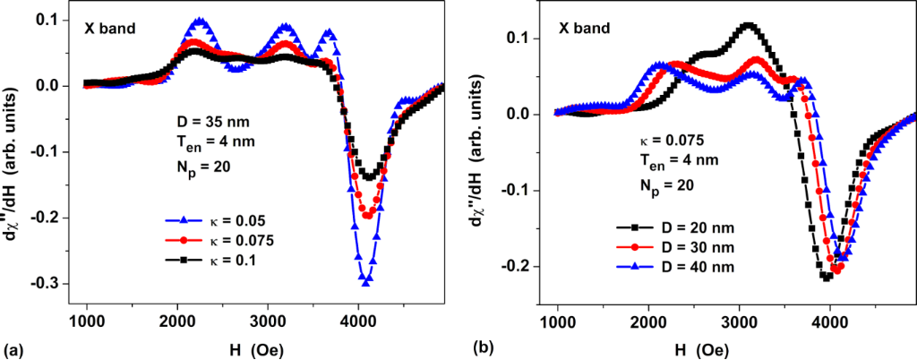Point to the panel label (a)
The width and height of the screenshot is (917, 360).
tap(12, 346)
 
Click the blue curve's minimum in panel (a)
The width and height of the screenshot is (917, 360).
tap(366, 282)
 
